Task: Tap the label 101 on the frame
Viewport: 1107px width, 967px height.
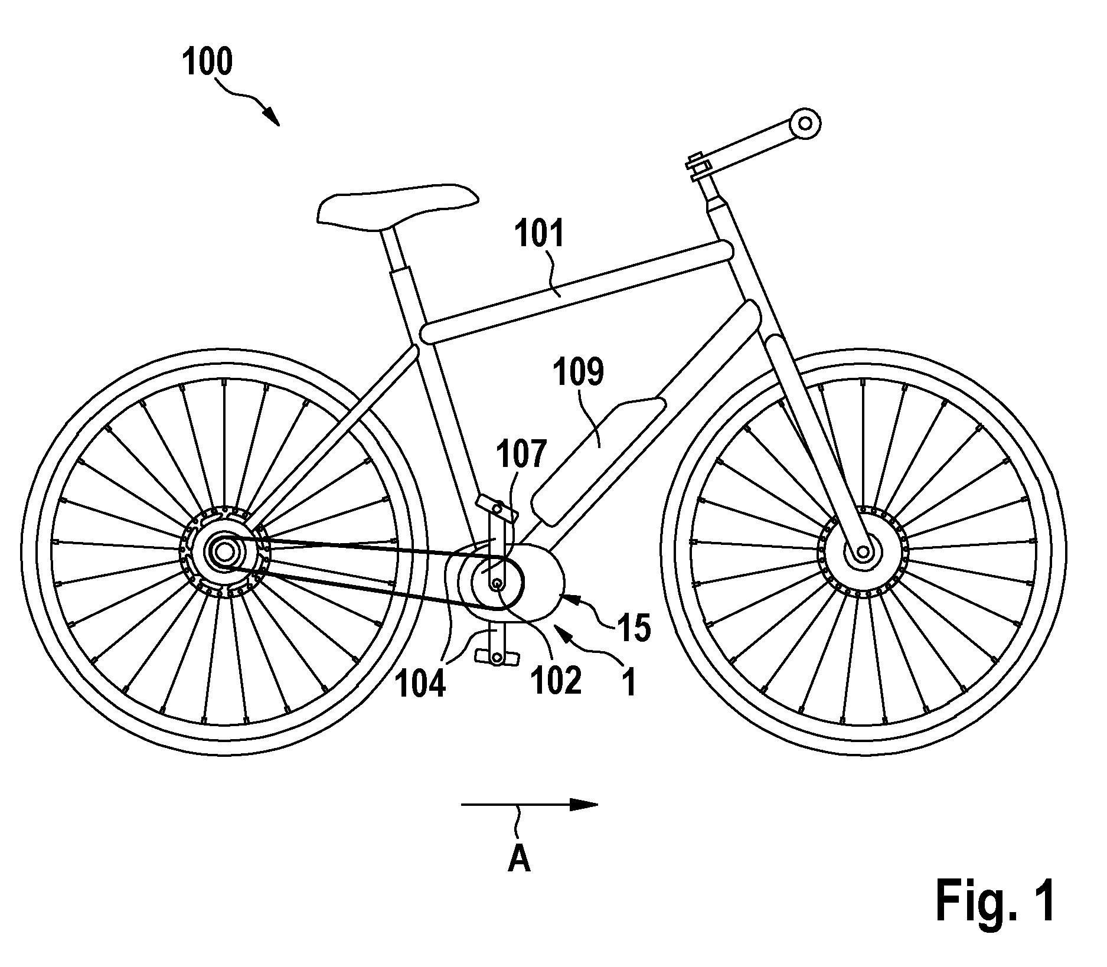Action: click(539, 234)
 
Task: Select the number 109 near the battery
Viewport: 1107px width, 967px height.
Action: click(578, 374)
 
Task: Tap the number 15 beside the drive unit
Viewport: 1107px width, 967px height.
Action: click(635, 628)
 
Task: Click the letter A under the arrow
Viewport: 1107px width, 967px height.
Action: click(519, 861)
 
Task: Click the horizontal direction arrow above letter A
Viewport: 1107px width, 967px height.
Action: click(530, 804)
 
